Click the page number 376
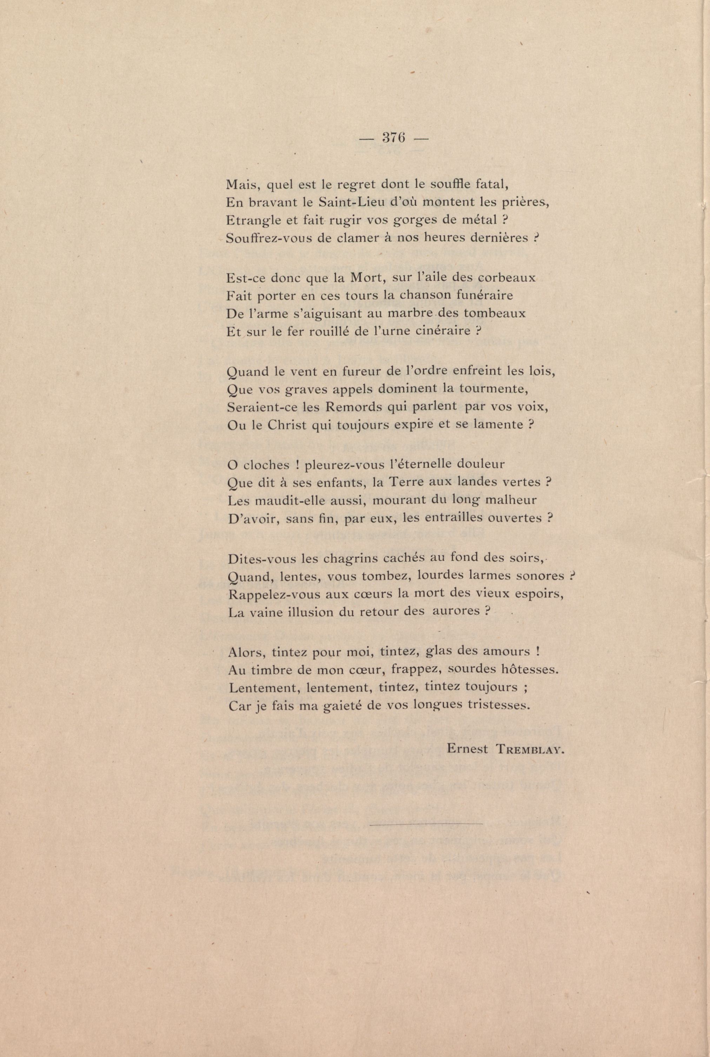pos(393,138)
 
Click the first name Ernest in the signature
pos(467,749)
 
